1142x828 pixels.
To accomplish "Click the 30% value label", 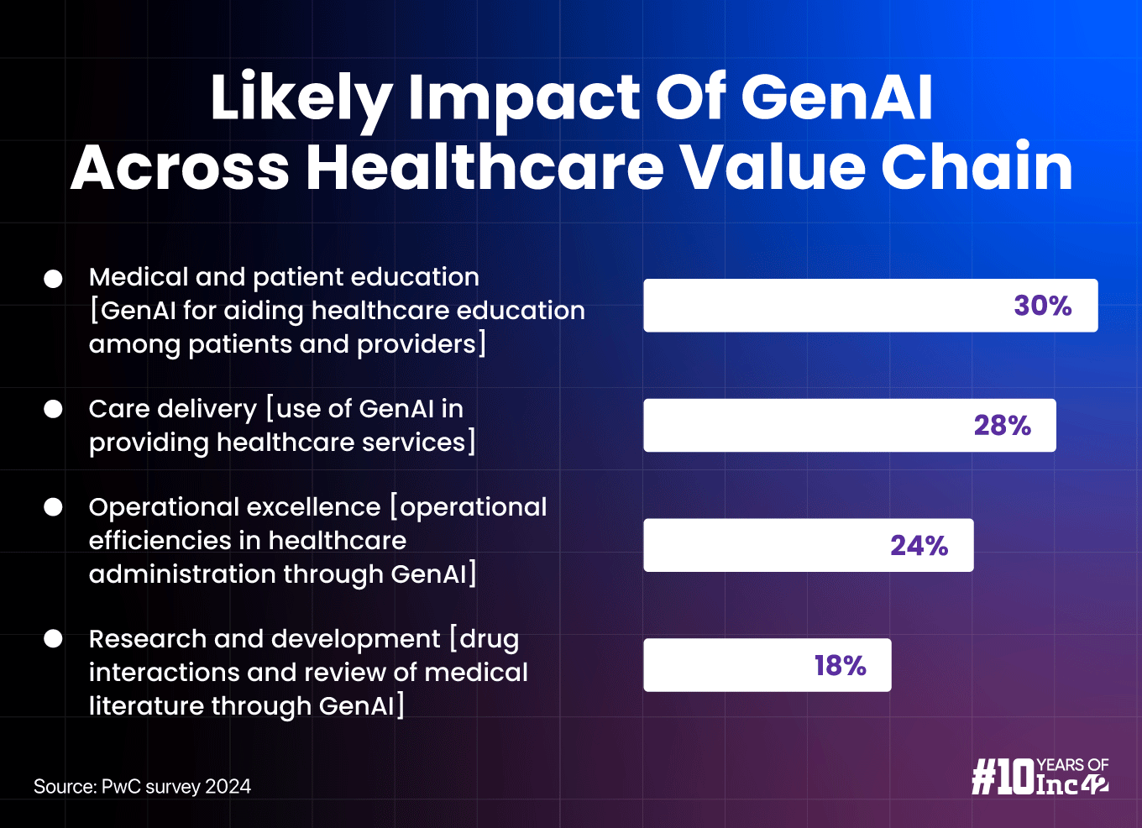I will click(x=1042, y=305).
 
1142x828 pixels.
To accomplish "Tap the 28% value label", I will click(x=1002, y=425).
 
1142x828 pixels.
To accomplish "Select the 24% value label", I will click(x=919, y=545).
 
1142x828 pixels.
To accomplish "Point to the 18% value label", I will click(x=840, y=665).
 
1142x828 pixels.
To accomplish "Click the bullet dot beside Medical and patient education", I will click(x=53, y=279).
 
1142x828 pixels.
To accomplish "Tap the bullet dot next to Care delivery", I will click(x=53, y=409).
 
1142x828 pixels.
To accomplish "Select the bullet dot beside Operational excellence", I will click(x=53, y=507).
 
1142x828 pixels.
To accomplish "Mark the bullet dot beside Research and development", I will click(x=53, y=639).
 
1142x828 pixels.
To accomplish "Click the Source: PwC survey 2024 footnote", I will click(x=142, y=787).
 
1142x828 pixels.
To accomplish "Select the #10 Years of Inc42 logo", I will click(x=1040, y=776).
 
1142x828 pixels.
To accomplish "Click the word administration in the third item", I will click(x=182, y=574).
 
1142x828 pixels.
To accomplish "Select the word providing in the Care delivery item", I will click(x=149, y=443).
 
